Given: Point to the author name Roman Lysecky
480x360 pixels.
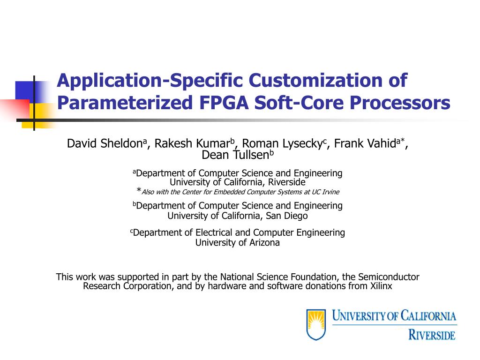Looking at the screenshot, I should pyautogui.click(x=282, y=143).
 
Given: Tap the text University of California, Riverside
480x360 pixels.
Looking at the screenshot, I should pyautogui.click(x=237, y=182).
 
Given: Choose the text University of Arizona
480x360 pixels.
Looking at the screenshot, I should pyautogui.click(x=237, y=242).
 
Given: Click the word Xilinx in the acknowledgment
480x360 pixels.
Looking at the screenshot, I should pyautogui.click(x=381, y=286).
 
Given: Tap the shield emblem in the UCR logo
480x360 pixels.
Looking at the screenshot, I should pyautogui.click(x=316, y=324).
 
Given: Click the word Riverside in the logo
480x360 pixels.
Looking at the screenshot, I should pyautogui.click(x=432, y=335).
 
